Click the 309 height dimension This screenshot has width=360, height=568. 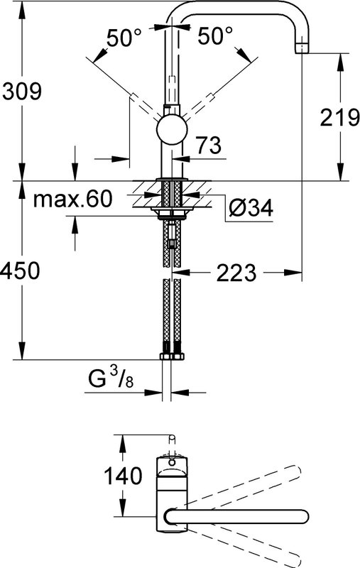click(x=22, y=92)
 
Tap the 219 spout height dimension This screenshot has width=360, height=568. click(x=339, y=118)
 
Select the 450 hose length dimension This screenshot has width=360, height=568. click(x=21, y=271)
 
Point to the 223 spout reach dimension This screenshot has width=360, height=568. click(x=236, y=273)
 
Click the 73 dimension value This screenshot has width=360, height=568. click(x=208, y=146)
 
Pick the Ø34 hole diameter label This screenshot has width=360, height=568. click(x=251, y=208)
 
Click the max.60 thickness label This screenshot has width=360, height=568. click(x=73, y=199)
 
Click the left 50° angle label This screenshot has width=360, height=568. click(x=124, y=38)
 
